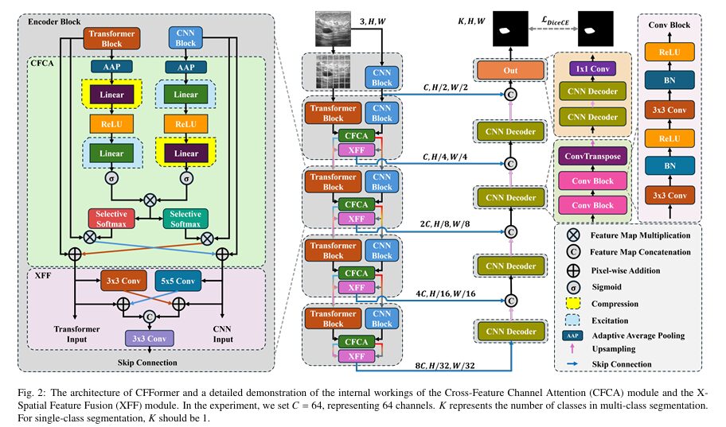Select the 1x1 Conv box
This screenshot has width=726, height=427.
point(592,68)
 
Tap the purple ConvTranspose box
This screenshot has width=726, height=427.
point(592,156)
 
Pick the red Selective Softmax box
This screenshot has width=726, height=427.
point(111,217)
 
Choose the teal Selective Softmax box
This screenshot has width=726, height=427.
point(185,217)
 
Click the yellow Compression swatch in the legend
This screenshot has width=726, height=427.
point(573,304)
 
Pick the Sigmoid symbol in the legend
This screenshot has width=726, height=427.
point(573,285)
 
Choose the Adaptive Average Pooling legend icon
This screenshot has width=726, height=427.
point(573,336)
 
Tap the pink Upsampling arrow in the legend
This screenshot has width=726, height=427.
point(573,350)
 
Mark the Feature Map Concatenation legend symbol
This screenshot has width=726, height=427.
point(573,252)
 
